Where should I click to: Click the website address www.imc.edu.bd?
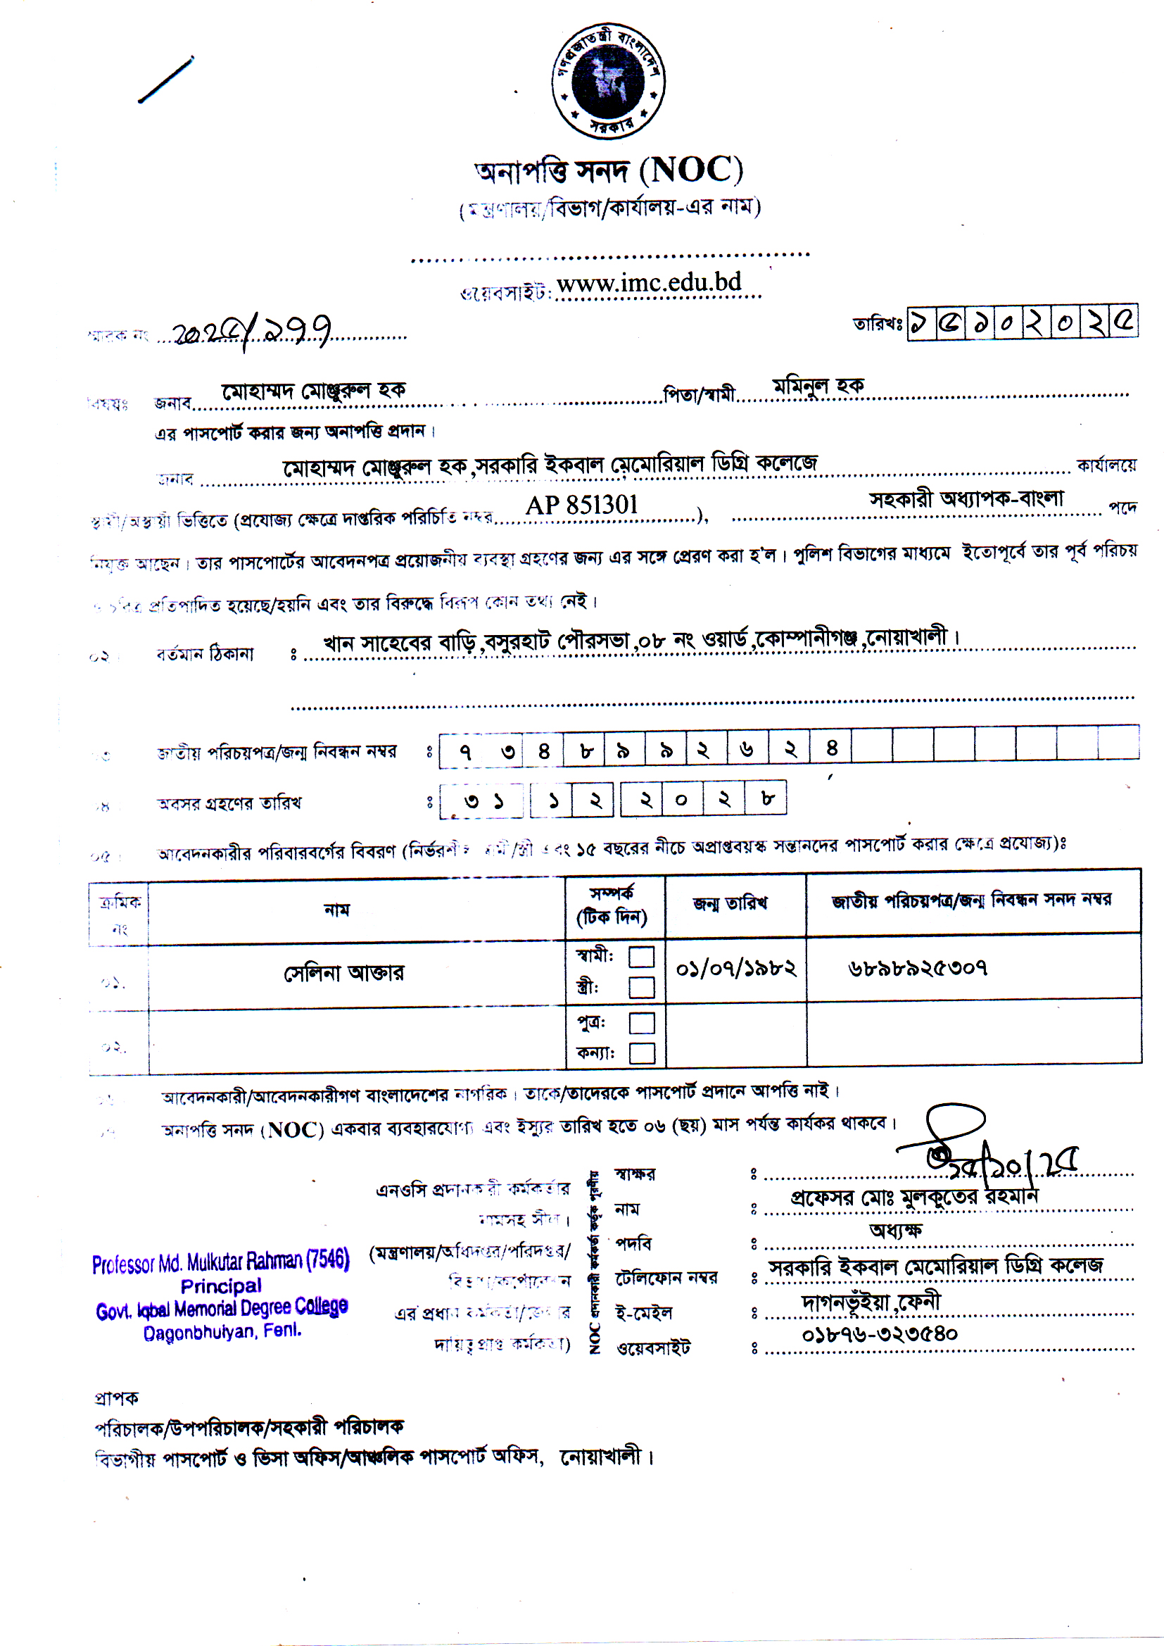coord(649,283)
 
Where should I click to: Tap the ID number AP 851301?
coord(581,505)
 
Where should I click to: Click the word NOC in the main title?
coord(691,170)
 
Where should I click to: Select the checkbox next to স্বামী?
coord(642,957)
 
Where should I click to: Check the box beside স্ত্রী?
coord(642,987)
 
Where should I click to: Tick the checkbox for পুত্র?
coord(642,1023)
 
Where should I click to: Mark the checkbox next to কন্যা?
coord(642,1053)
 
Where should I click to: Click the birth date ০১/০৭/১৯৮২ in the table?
coord(736,969)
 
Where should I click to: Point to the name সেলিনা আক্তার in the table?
coord(344,973)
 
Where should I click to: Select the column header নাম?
coord(337,910)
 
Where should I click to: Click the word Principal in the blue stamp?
coord(221,1286)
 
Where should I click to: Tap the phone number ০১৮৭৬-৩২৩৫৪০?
coord(880,1334)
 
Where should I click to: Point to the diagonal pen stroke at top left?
coord(165,79)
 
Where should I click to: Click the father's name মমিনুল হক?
coord(818,387)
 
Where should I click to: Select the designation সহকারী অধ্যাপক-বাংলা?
coord(967,498)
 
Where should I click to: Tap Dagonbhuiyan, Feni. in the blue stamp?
coord(222,1332)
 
